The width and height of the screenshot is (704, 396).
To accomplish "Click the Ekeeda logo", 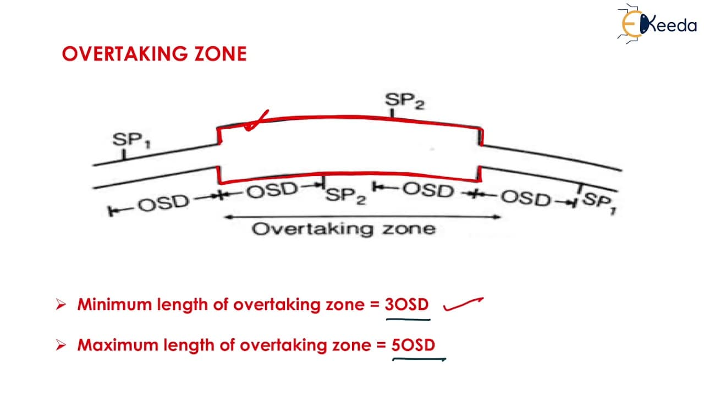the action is (657, 24).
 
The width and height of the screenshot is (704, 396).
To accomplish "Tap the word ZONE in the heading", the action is (221, 54).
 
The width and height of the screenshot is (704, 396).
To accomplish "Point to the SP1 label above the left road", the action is (131, 140).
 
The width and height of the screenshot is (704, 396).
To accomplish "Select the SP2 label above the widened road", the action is (405, 101).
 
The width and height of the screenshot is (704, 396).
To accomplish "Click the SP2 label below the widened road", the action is (346, 196).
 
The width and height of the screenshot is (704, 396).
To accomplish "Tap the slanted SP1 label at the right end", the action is (599, 203).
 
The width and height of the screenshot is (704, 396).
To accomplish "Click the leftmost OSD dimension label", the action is (163, 203).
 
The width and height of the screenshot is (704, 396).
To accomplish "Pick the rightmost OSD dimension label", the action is (526, 199).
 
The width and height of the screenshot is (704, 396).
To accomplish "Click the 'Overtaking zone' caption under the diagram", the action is (344, 229).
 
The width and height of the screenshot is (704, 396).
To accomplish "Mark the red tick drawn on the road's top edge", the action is (256, 120).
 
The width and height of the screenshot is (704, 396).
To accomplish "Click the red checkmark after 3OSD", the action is (463, 304).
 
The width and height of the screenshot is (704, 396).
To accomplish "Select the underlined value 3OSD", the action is (406, 305).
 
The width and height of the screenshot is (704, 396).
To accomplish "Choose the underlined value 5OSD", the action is (413, 345).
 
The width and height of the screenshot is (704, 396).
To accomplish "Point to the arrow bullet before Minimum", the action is (61, 304).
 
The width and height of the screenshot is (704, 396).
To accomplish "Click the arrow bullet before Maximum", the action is (61, 345).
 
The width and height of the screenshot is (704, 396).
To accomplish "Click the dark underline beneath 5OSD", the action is (419, 359).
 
